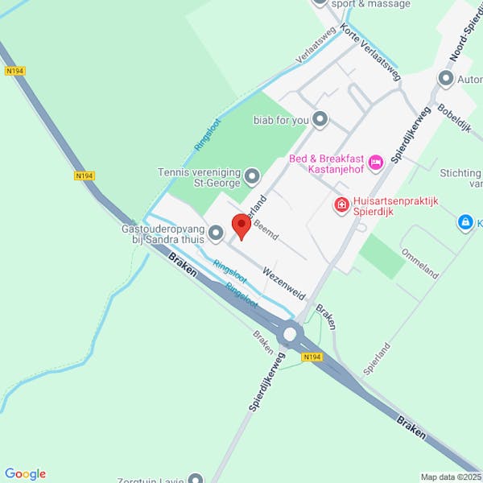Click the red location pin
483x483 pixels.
240,226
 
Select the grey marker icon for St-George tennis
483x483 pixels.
252,175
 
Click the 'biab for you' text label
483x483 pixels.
281,120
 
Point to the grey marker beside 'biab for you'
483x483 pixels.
320,120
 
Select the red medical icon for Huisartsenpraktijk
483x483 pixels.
341,206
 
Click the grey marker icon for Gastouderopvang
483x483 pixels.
215,233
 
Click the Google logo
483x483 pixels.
25,474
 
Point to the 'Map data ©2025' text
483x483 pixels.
449,477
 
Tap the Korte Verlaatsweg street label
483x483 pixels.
370,52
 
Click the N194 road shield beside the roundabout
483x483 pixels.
312,356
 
